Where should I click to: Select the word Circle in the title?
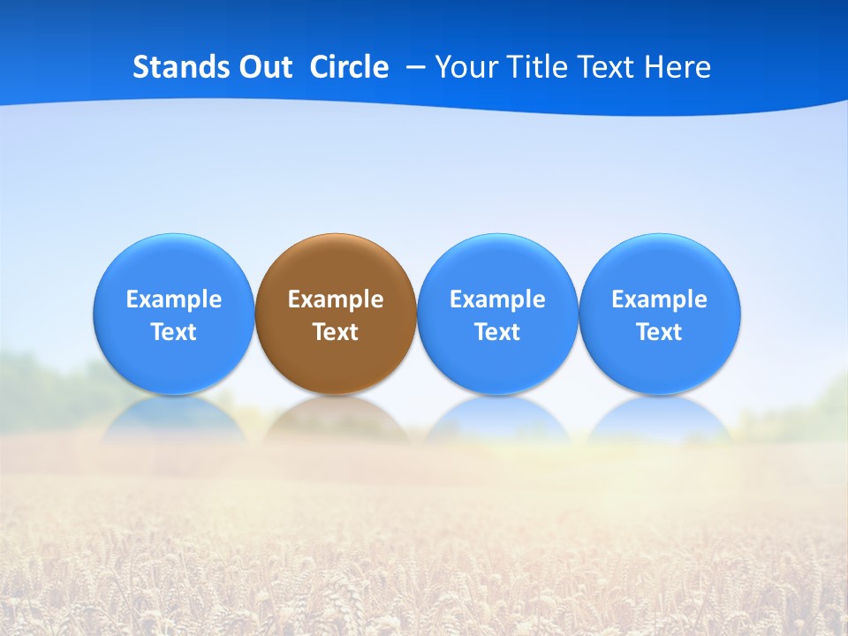(349, 67)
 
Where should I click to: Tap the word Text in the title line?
(609, 67)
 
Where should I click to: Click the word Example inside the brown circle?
(336, 299)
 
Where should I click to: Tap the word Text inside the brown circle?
(336, 332)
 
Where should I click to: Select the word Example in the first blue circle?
(174, 299)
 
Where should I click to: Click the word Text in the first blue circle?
(174, 332)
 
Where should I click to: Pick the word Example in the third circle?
(497, 299)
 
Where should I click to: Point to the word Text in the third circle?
(497, 332)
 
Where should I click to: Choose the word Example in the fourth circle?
(659, 299)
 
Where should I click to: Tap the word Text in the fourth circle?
(659, 332)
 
